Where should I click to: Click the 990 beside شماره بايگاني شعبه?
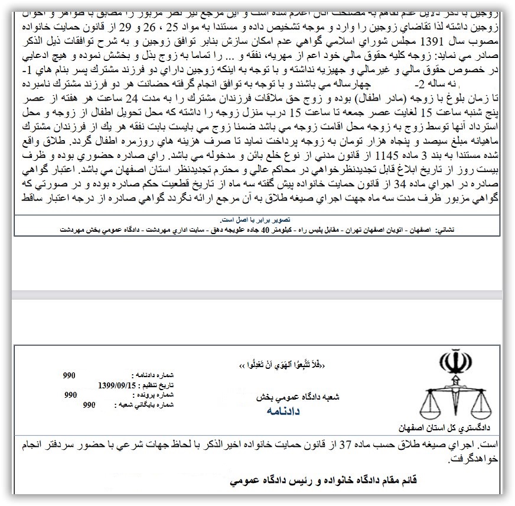coord(90,405)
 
